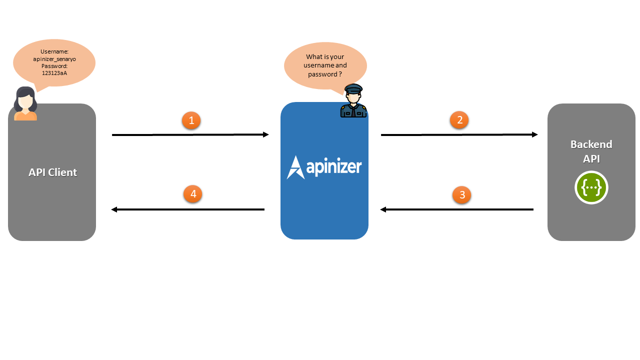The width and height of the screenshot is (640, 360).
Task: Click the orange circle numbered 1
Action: tap(191, 120)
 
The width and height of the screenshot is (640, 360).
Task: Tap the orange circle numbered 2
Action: tap(459, 120)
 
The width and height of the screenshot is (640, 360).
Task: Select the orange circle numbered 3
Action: tap(462, 195)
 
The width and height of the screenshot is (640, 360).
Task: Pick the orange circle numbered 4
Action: tap(193, 194)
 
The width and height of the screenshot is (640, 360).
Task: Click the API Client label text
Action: tap(52, 172)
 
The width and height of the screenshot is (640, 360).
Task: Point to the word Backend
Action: tap(591, 144)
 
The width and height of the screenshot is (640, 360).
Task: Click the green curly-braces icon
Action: tap(591, 187)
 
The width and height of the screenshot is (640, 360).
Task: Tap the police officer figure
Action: tap(353, 101)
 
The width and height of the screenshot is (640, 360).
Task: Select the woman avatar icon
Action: tap(25, 104)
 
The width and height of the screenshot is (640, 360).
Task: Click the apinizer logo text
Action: tap(333, 166)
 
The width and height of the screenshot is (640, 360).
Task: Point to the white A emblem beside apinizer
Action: tap(295, 167)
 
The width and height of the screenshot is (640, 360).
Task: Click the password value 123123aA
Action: tap(54, 73)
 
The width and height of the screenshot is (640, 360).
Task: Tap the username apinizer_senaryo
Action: tap(54, 59)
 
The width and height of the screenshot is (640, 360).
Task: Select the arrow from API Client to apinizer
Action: tap(190, 134)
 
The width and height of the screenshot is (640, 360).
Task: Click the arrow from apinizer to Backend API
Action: tap(459, 134)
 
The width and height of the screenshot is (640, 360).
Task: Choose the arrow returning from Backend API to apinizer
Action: tap(457, 209)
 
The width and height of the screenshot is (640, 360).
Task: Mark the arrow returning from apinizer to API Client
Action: tap(187, 209)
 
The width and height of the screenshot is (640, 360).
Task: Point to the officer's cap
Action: tap(353, 88)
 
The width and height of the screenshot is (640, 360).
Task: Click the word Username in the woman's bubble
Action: tap(54, 52)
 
